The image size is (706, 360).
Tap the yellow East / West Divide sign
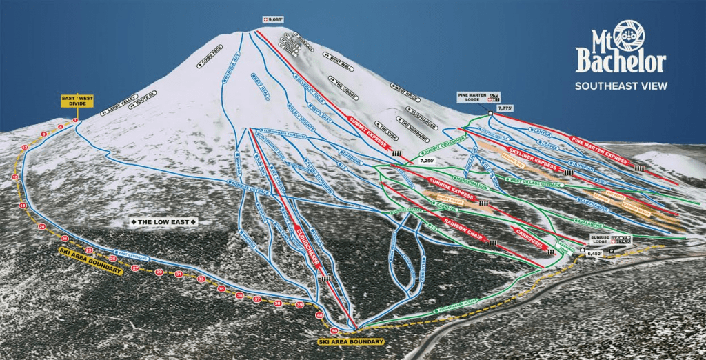(77, 101)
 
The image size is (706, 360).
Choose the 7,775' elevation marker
(505, 108)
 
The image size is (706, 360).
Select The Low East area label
(164, 222)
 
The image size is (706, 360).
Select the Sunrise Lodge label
(599, 239)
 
